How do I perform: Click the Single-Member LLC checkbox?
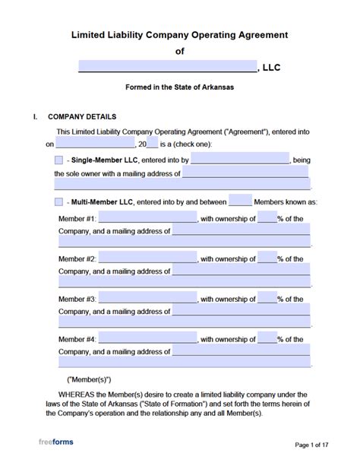coord(59,160)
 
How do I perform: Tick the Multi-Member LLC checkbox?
coord(59,202)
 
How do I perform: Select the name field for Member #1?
coord(147,218)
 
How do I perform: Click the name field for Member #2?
coord(147,258)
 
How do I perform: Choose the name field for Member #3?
coord(147,299)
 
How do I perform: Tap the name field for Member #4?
coord(147,339)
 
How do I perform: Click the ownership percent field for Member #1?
coord(267,218)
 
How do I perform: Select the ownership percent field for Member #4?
coord(267,339)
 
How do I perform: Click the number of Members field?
coord(240,202)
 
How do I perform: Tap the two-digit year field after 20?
coord(151,144)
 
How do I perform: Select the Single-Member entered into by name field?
coord(239,160)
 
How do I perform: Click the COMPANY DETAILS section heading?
coord(82,117)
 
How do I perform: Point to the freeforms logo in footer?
coord(57,442)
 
